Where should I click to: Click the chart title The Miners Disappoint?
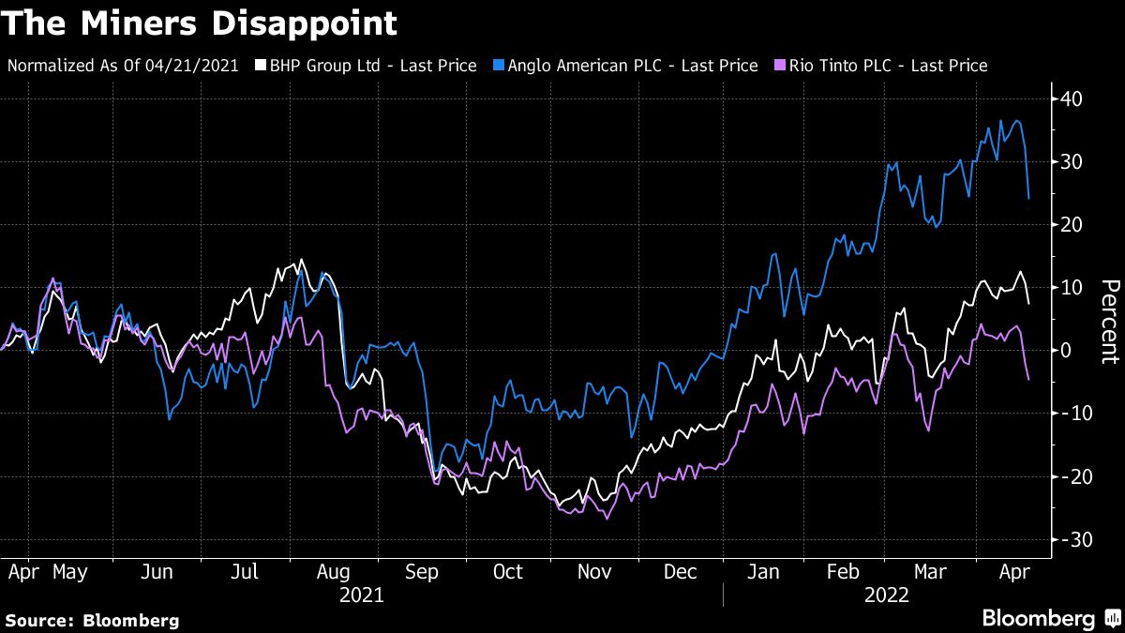point(199,23)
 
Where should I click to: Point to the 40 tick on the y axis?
point(1072,99)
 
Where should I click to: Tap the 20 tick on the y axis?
point(1072,225)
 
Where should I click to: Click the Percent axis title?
point(1109,321)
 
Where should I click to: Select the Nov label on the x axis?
point(594,571)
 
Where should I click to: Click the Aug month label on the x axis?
point(334,571)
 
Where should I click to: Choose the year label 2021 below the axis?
point(361,595)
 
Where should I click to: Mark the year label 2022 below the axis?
point(887,595)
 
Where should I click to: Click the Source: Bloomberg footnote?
point(92,620)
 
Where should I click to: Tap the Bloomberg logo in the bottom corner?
point(1048,618)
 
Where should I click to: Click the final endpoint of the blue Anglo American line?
point(1029,198)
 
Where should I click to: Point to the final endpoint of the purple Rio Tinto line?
point(1029,379)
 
